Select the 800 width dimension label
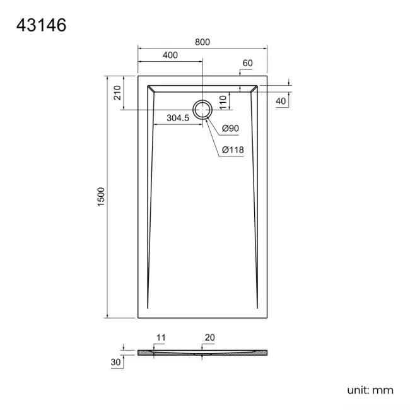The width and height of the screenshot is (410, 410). point(202,42)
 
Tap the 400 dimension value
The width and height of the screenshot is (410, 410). point(170,56)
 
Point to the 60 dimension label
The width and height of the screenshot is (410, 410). point(247,63)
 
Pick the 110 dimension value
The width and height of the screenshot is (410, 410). point(223,101)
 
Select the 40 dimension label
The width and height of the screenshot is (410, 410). point(281,101)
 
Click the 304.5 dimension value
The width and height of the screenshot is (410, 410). point(178,118)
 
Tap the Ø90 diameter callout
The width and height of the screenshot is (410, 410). point(230,129)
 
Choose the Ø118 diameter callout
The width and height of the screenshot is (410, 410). point(233,149)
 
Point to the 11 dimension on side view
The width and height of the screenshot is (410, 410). point(160,338)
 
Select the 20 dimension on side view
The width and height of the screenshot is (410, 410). point(209,338)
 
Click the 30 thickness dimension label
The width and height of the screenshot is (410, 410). point(115,362)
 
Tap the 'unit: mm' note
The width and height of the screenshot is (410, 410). point(370,390)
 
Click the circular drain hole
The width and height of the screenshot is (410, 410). point(202,110)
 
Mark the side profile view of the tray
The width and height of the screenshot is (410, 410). point(202,352)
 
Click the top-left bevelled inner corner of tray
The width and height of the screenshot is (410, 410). point(150,89)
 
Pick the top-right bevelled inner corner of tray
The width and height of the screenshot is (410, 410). point(254,89)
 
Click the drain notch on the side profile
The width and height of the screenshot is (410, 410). point(202,354)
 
